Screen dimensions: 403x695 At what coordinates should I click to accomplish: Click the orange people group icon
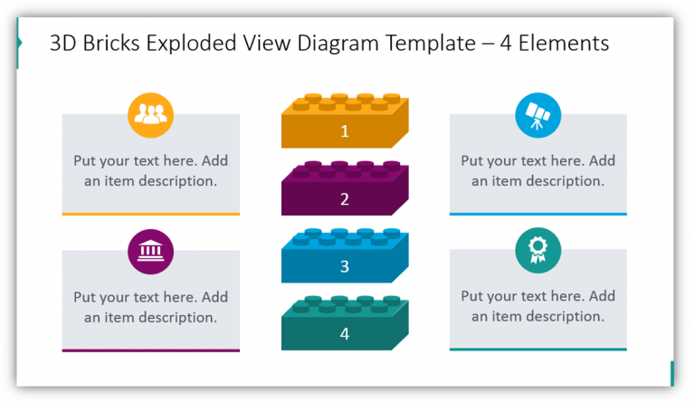pos(151,114)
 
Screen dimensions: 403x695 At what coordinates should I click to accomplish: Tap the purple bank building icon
pos(151,251)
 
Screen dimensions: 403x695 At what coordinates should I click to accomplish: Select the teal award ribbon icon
pos(538,251)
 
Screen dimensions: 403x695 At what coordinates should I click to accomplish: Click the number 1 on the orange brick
pos(344,131)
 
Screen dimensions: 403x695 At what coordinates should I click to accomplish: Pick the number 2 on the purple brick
pos(344,199)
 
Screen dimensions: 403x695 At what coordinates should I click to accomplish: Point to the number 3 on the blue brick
pos(344,267)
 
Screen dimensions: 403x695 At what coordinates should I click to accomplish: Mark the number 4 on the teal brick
pos(344,334)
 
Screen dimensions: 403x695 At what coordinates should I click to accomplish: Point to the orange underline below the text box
pos(151,214)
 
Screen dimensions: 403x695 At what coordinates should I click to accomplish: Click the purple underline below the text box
pos(151,350)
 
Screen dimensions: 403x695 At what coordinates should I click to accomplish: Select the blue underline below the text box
pos(538,214)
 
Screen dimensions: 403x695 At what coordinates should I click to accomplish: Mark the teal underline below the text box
pos(538,350)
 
